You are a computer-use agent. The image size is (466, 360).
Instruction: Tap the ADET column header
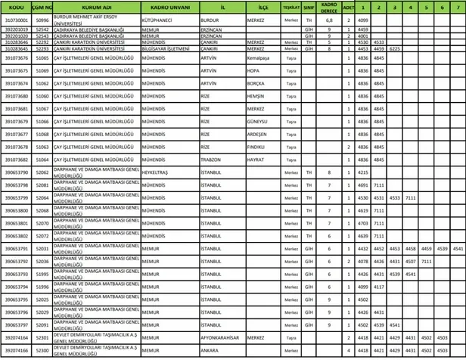348,7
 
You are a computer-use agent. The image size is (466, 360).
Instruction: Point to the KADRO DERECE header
329,7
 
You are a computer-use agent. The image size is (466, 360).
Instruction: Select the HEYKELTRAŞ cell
154,172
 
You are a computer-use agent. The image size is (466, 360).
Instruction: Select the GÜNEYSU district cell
257,121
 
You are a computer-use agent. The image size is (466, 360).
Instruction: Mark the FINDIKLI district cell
257,147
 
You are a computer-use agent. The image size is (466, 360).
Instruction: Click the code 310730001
16,20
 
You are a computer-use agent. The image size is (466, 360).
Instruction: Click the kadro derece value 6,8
329,20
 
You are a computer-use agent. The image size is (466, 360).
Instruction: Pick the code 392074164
16,339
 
